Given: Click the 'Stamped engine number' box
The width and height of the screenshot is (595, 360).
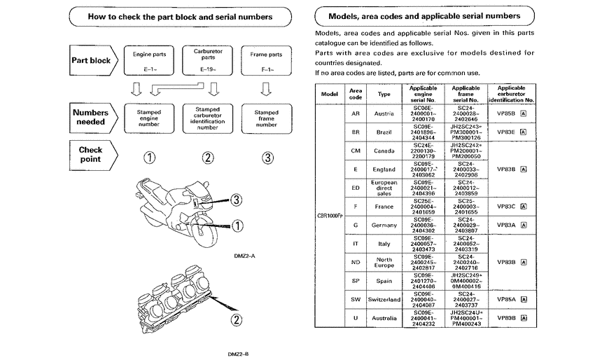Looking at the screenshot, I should point(148,117).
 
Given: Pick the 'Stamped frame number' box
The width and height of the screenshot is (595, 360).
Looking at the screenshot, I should point(266,117).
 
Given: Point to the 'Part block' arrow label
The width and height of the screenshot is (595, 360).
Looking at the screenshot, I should point(92,60).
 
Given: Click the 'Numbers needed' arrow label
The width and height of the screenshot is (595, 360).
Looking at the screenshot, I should point(91,117).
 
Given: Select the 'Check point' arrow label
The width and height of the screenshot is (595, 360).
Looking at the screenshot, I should point(91,154).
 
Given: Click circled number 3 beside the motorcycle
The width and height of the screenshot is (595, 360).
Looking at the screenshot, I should point(237,200).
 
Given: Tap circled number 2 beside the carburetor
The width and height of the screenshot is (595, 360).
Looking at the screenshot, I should point(237,320).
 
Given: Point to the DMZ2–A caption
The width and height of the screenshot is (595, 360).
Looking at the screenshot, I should point(246,256).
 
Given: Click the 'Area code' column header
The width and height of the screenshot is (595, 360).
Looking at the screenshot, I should point(356,93).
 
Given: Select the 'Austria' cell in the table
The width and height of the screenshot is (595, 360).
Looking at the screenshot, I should point(384,113).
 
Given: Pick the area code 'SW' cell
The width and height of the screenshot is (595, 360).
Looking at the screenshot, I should point(356,299).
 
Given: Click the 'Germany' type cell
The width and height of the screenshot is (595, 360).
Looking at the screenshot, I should point(384,225).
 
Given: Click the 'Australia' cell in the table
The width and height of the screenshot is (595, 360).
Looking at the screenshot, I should point(384,318).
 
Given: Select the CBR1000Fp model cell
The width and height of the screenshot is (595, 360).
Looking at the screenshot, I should point(330,216).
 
